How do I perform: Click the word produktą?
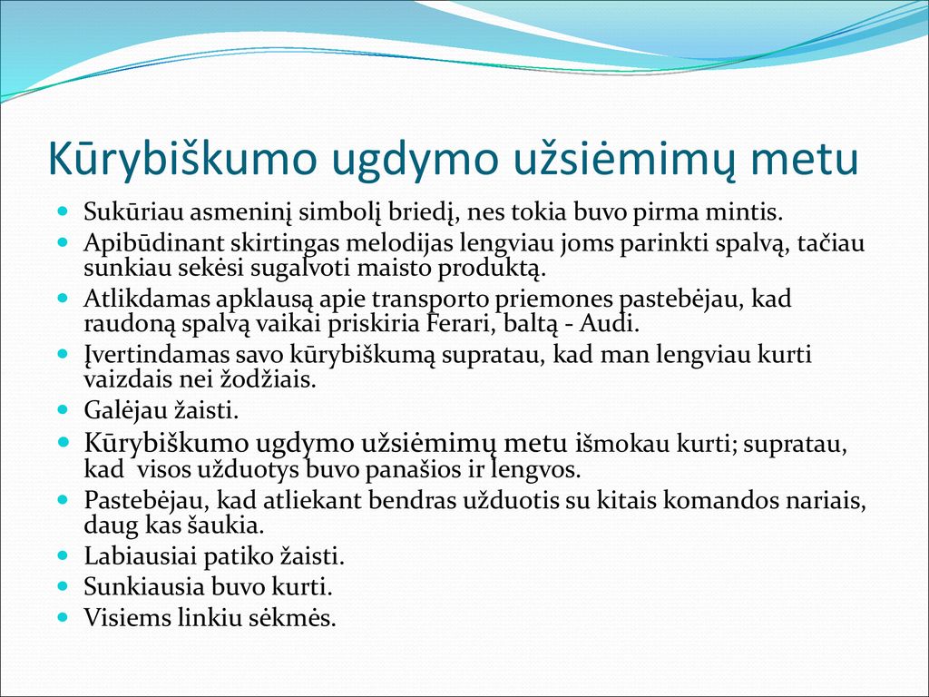tap(491, 269)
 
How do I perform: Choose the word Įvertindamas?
tap(156, 355)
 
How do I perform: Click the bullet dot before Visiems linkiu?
tap(64, 617)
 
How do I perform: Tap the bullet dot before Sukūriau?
tap(64, 211)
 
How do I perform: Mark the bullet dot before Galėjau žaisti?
tap(64, 409)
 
